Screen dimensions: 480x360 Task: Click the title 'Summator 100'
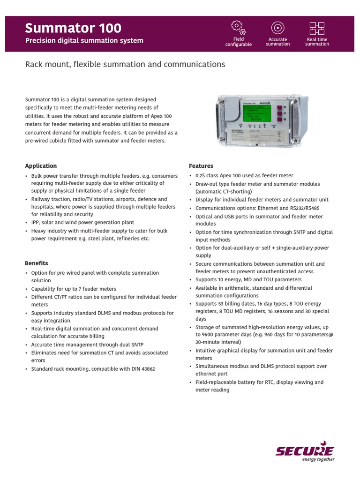(73, 28)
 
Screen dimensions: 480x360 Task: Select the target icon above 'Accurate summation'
(277, 27)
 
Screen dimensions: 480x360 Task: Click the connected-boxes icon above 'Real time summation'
(317, 28)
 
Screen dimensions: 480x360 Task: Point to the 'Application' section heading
(41, 166)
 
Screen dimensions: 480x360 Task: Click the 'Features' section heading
(201, 166)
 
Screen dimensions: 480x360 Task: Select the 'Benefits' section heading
(37, 263)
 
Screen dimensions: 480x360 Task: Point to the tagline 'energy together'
(318, 459)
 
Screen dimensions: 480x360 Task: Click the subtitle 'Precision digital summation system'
(84, 41)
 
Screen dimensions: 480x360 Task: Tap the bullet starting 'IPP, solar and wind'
(82, 223)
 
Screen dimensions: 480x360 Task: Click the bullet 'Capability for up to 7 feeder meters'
(74, 289)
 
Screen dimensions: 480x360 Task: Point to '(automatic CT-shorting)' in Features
(224, 192)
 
